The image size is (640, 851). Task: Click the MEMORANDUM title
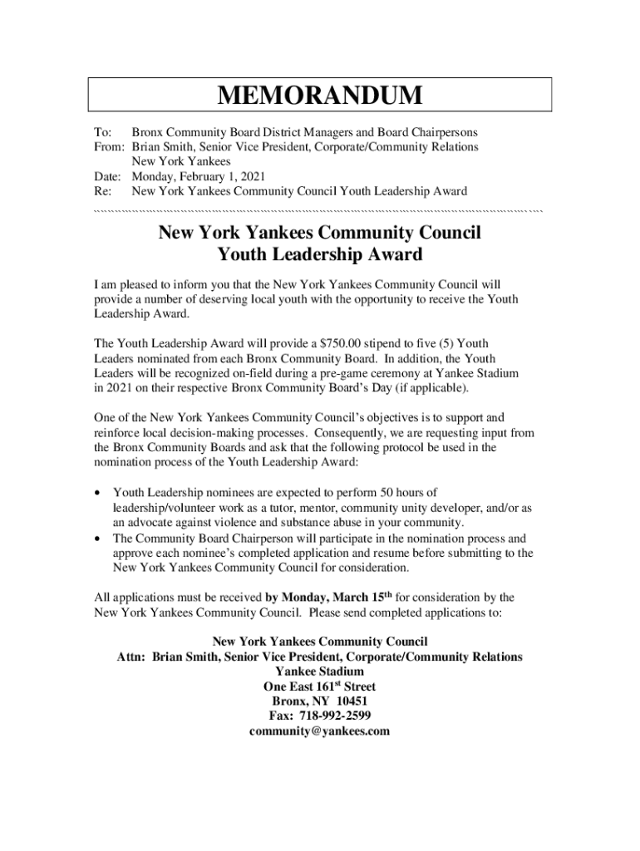point(320,96)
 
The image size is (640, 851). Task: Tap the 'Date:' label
point(109,176)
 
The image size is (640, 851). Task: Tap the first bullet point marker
point(99,494)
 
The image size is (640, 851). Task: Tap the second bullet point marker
point(99,539)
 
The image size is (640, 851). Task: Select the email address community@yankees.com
point(319,731)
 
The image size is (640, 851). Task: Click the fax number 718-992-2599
point(320,716)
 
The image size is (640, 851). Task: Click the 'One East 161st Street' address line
point(319,686)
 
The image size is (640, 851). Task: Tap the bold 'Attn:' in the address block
point(131,657)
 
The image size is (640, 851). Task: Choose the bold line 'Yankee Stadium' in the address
point(319,671)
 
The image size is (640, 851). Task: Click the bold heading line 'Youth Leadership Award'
point(319,254)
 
